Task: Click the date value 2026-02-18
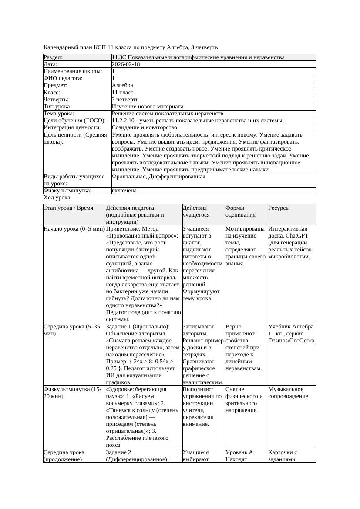point(126,64)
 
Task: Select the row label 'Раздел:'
point(53,57)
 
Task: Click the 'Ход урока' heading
point(57,198)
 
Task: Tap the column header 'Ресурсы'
point(279,208)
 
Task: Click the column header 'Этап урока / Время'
point(68,208)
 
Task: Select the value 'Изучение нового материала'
point(148,107)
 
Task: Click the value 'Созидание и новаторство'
point(144,127)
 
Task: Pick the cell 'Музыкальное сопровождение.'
point(289,393)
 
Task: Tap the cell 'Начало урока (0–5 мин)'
point(74,229)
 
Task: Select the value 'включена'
point(124,191)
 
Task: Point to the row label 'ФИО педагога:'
point(63,78)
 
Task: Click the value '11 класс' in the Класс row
point(122,93)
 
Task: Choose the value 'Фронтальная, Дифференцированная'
point(158,177)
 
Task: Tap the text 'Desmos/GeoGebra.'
point(292,341)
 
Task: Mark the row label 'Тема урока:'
point(59,114)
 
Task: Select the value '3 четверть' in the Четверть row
point(125,100)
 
